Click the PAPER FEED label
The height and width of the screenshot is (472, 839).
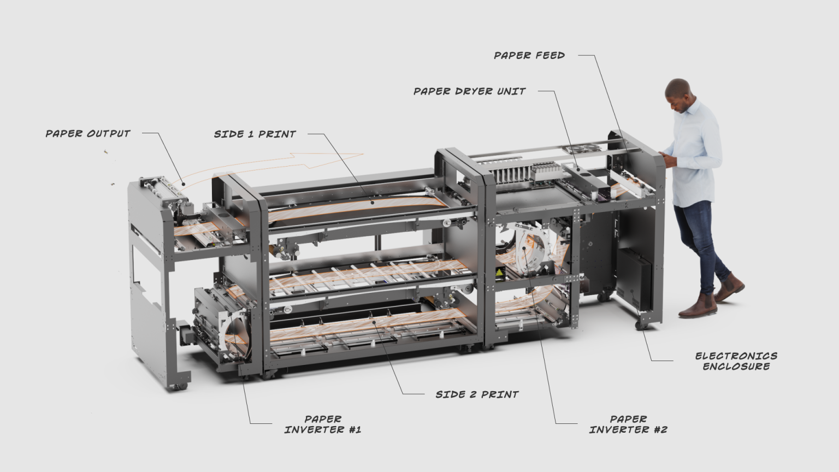click(529, 55)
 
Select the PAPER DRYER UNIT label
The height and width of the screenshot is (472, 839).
click(469, 91)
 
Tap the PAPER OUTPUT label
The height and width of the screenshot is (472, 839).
click(88, 133)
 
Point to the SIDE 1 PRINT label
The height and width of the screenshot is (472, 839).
click(255, 134)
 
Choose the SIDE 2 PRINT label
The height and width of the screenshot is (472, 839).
click(477, 394)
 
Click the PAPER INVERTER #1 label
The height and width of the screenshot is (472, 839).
click(323, 424)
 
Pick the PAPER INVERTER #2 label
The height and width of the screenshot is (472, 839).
click(628, 424)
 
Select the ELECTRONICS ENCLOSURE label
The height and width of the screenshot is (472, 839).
click(736, 361)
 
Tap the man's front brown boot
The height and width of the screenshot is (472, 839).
click(698, 306)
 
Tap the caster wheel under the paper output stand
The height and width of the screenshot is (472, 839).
click(178, 386)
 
